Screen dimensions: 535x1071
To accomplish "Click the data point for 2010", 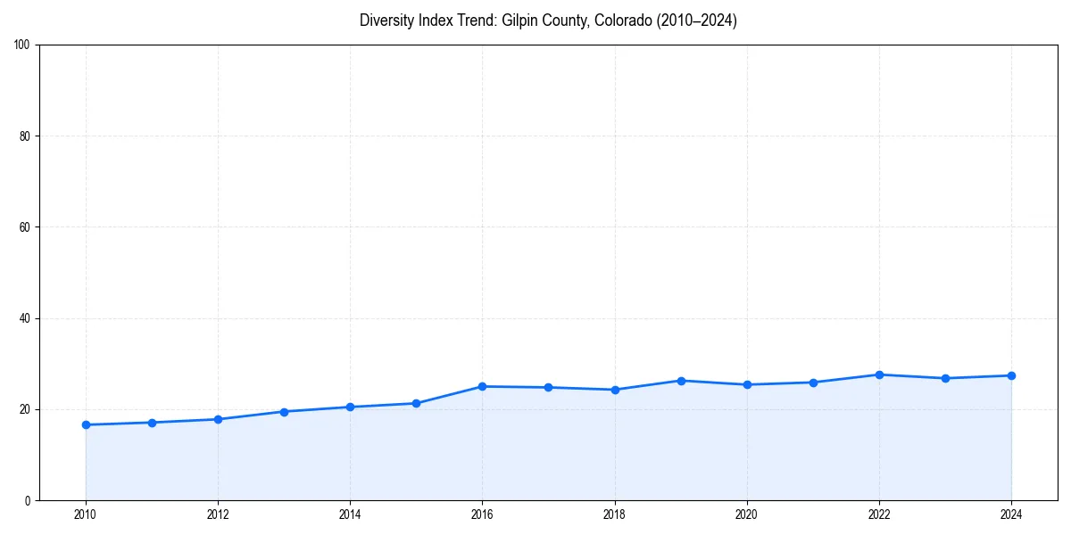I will click(86, 424).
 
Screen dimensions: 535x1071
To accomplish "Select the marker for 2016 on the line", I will click(482, 386).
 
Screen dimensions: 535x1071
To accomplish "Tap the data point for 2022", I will click(879, 374).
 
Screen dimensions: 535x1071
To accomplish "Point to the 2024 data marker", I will click(1011, 375).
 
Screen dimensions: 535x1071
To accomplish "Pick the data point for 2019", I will click(681, 381).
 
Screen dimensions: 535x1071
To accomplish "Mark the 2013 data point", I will click(284, 412).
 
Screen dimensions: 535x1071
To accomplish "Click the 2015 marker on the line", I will click(416, 403).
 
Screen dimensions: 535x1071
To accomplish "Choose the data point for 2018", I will click(615, 390).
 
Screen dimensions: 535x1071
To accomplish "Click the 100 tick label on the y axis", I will click(22, 45).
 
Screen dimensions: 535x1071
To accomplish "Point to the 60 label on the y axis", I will click(25, 227).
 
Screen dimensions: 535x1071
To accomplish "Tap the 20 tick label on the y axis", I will click(25, 409).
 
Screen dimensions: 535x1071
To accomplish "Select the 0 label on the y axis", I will click(28, 500).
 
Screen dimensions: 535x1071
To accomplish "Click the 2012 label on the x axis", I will click(218, 514).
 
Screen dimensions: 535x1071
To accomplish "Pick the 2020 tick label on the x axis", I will click(747, 514).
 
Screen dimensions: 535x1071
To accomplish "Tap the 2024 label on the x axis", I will click(1011, 514).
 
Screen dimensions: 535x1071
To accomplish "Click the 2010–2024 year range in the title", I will click(697, 21).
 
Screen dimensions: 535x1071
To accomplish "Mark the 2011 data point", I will click(152, 423).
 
